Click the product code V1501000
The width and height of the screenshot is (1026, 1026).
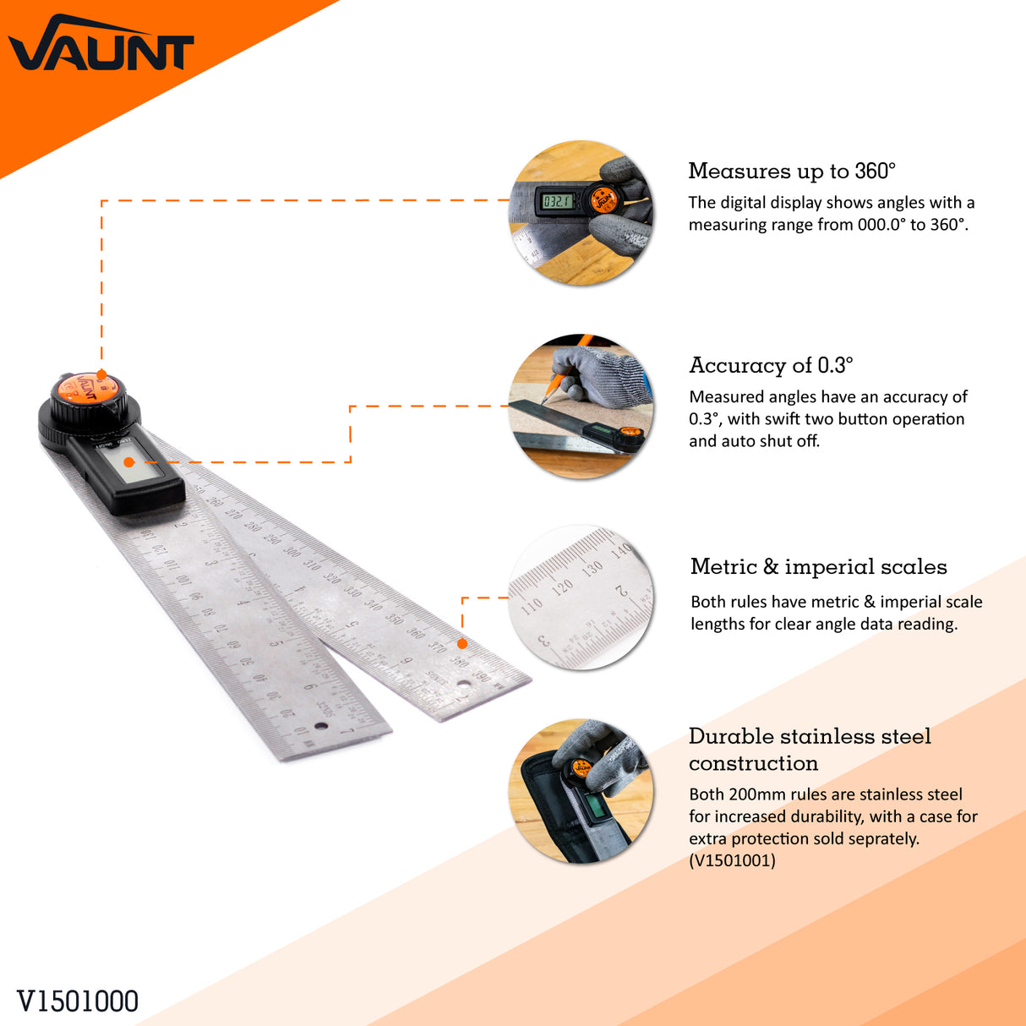click(x=78, y=1001)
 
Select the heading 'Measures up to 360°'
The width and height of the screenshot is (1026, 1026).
click(x=791, y=171)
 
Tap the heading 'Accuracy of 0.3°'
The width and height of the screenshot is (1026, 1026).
click(x=771, y=365)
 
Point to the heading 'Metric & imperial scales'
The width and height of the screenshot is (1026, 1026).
click(x=818, y=566)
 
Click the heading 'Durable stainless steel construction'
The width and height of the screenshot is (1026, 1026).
click(x=809, y=749)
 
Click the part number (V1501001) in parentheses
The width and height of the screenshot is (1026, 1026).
click(x=732, y=860)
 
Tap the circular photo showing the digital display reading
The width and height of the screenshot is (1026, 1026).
click(x=581, y=213)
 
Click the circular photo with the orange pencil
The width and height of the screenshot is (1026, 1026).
click(x=581, y=407)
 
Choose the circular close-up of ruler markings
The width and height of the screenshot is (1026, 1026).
click(x=581, y=598)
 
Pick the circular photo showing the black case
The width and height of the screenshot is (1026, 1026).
click(x=581, y=792)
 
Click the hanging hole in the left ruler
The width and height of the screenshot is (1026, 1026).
click(x=321, y=725)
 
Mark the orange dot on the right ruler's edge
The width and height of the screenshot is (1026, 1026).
click(x=462, y=644)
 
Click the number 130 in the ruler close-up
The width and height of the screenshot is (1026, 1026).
click(x=592, y=568)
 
